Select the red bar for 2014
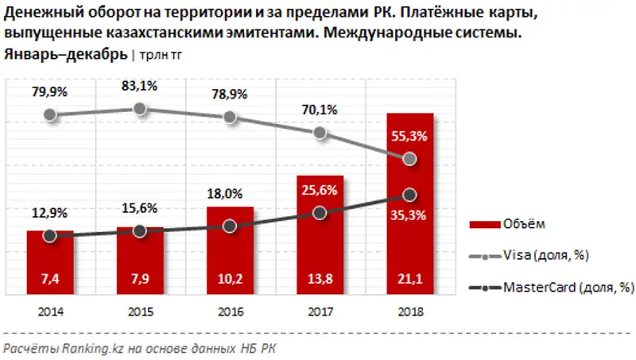click(x=50, y=262)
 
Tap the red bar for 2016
click(x=230, y=250)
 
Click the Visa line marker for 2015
click(x=140, y=109)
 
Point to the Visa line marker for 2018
click(x=409, y=160)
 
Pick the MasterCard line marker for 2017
click(x=320, y=213)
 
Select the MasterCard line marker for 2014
click(x=50, y=236)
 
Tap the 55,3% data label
click(x=409, y=137)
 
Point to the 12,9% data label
click(x=50, y=213)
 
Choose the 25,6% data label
click(x=320, y=189)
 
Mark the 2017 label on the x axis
click(x=320, y=311)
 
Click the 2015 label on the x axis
click(x=140, y=311)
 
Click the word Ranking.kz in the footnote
click(x=78, y=347)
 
